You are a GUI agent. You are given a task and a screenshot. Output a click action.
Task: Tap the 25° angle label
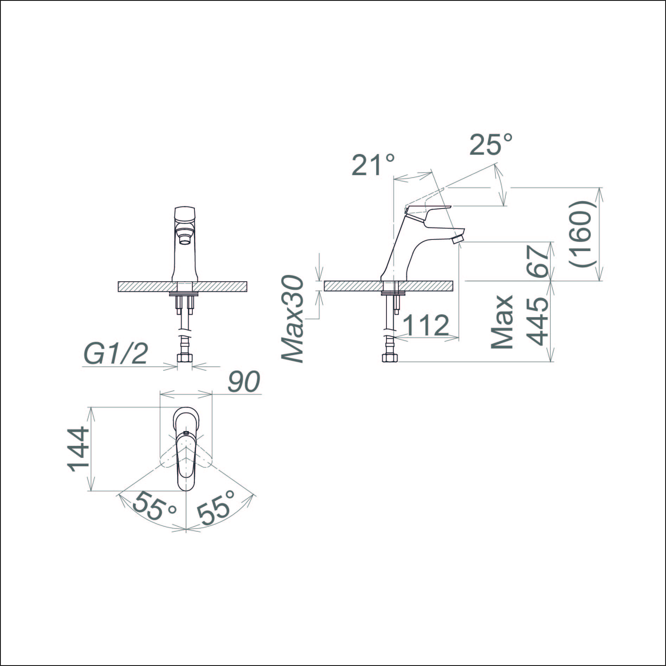pyautogui.click(x=491, y=144)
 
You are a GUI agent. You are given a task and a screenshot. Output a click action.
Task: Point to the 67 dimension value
pyautogui.click(x=538, y=261)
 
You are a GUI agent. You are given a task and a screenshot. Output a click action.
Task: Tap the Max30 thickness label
pyautogui.click(x=292, y=319)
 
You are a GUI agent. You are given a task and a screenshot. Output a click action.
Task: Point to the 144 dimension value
pyautogui.click(x=78, y=449)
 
